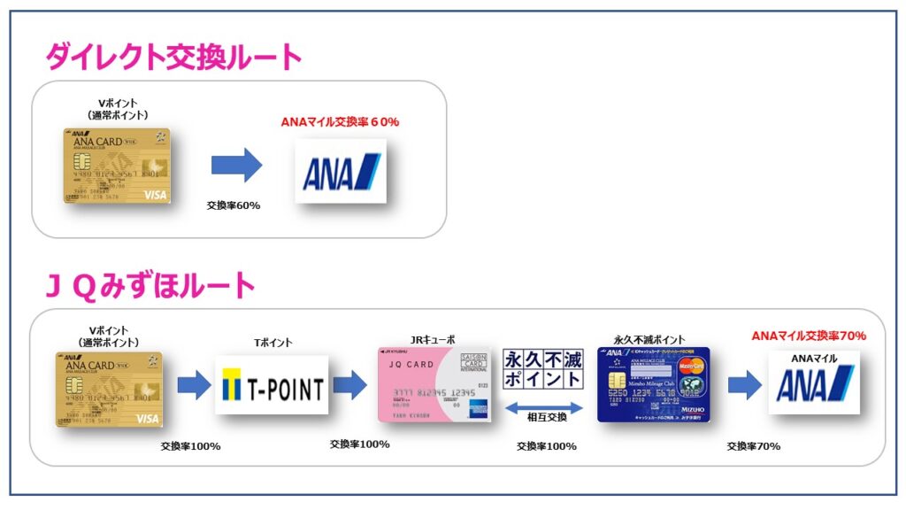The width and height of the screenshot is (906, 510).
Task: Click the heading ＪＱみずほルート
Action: (150, 285)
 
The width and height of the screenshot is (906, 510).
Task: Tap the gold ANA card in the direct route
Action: (123, 166)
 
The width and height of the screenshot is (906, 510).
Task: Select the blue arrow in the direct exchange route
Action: (237, 166)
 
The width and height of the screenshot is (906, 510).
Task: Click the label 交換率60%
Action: (234, 205)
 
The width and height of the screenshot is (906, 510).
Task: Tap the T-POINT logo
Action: (272, 385)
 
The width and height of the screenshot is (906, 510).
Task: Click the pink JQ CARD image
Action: (434, 383)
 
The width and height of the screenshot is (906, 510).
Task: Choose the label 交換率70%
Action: (754, 446)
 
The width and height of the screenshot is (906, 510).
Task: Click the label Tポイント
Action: (273, 343)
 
